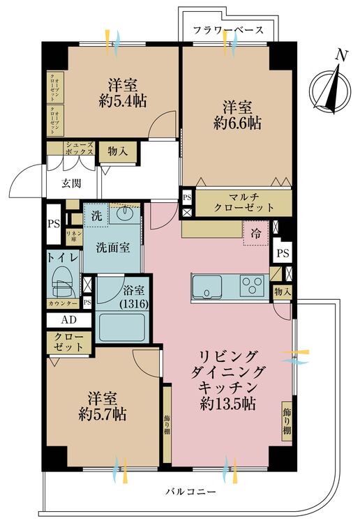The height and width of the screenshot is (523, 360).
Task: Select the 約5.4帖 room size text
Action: (x=121, y=101)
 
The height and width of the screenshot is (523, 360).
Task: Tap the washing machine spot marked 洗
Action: (x=97, y=216)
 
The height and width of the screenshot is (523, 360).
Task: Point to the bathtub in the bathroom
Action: (x=122, y=327)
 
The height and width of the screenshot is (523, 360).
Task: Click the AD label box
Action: (x=68, y=319)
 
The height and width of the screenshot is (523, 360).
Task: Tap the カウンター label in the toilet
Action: (x=63, y=303)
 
